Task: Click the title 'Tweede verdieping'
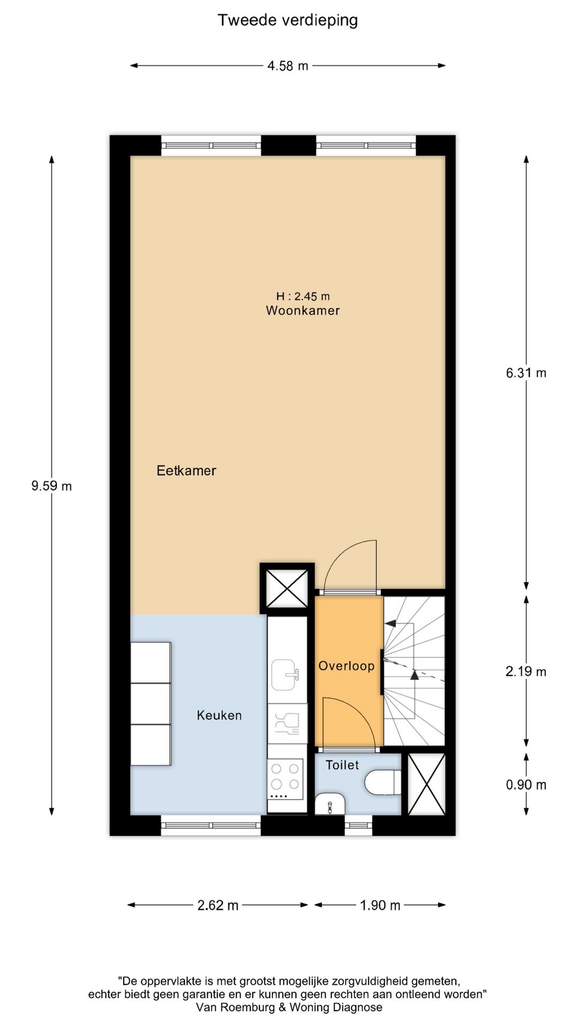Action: (287, 20)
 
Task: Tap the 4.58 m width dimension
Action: (287, 66)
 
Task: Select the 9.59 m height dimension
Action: (51, 486)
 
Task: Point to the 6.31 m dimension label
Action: (526, 373)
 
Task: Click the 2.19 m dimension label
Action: (526, 671)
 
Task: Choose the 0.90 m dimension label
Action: (526, 785)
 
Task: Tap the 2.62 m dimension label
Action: (218, 905)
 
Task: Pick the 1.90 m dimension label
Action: (380, 905)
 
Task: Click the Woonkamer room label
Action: (303, 310)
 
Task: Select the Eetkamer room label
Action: (186, 471)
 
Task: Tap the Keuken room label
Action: (219, 715)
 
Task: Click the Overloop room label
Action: (346, 666)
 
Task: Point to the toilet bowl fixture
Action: (382, 783)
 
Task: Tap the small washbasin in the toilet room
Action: (330, 804)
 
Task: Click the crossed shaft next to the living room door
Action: (287, 588)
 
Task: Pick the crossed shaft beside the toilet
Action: (426, 784)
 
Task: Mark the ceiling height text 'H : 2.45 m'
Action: (303, 296)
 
